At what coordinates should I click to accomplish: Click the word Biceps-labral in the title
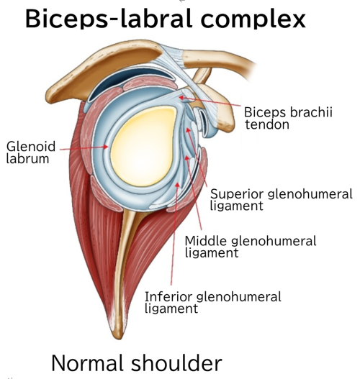[109, 19]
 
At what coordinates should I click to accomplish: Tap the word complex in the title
[253, 19]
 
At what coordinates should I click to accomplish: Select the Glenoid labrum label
[31, 152]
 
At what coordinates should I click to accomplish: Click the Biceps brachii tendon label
[289, 118]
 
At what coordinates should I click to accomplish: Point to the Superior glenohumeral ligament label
[281, 200]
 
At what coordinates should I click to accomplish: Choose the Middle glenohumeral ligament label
[251, 247]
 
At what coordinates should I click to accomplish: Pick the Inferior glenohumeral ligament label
[213, 303]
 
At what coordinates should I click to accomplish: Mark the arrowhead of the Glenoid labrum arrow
[106, 147]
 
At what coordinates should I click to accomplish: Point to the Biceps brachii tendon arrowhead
[181, 98]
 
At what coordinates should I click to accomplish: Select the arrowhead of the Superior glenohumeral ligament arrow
[188, 130]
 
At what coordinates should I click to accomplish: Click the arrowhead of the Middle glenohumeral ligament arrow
[186, 158]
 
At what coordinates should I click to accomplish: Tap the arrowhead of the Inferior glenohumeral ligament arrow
[178, 185]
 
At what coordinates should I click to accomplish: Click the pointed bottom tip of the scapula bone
[119, 338]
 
